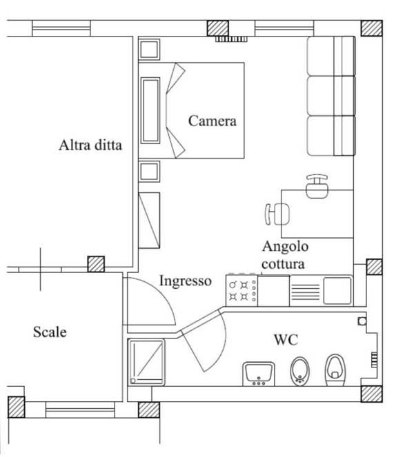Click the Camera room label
213,121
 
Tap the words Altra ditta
90,145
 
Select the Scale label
50,332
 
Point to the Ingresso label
186,281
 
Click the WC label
286,340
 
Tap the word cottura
283,264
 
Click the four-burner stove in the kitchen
241,290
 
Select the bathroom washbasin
259,374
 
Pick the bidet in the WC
300,372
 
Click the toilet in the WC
335,370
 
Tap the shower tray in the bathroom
146,362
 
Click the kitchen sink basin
337,291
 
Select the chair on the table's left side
277,214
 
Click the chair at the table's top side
317,186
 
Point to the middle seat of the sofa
331,96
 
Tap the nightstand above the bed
149,50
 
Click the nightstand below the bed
149,172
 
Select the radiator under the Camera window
231,39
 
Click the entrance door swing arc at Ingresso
152,301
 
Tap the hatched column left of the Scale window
16,407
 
